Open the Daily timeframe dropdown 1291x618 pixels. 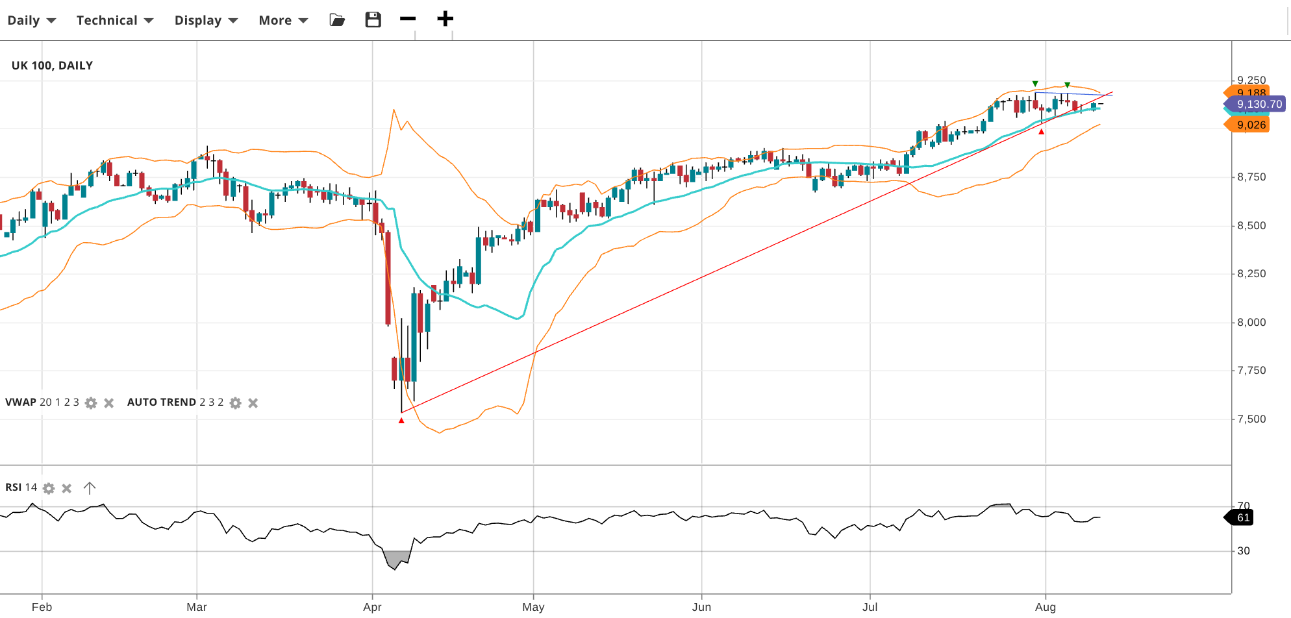point(31,20)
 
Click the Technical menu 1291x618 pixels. point(114,20)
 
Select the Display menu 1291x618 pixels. point(206,20)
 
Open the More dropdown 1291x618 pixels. point(283,20)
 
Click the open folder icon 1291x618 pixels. point(337,20)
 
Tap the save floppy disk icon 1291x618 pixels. point(373,19)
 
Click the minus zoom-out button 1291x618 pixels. point(408,19)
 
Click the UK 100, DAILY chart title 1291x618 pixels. point(52,66)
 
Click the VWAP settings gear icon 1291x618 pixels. point(91,403)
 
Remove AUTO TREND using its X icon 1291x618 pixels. point(253,403)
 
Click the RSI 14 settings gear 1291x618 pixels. point(49,488)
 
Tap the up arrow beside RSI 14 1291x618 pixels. point(90,488)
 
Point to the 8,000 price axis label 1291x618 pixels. point(1251,323)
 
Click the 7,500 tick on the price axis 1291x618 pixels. point(1251,419)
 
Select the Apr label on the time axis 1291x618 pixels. point(372,607)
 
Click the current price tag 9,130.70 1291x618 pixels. point(1259,105)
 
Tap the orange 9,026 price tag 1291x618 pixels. point(1251,125)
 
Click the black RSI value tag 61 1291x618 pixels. point(1243,518)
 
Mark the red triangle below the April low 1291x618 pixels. point(401,421)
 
